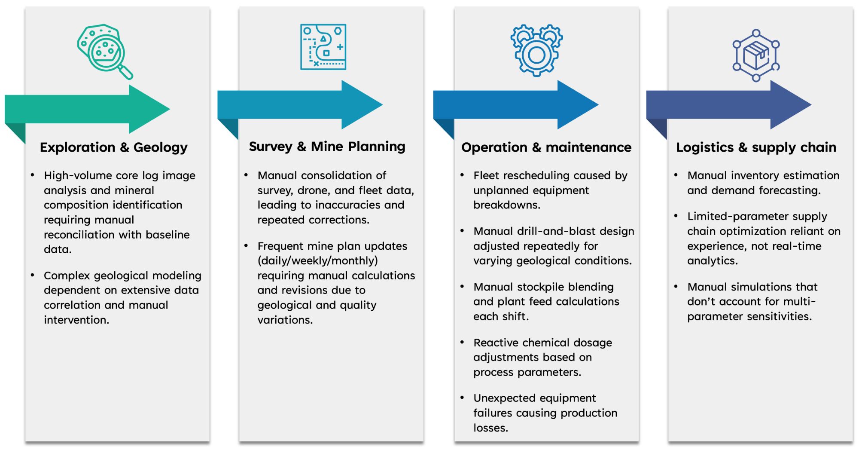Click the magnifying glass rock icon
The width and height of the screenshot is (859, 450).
(x=104, y=51)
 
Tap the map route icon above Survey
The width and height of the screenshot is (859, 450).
(x=323, y=47)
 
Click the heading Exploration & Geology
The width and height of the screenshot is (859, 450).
(x=114, y=147)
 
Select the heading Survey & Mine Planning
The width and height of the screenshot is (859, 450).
(x=327, y=147)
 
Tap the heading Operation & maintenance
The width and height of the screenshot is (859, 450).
(x=546, y=147)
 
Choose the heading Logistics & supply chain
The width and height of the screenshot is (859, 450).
(x=756, y=147)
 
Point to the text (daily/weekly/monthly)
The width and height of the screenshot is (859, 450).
(x=317, y=260)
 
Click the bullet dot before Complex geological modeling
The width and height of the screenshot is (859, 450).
(x=33, y=275)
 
